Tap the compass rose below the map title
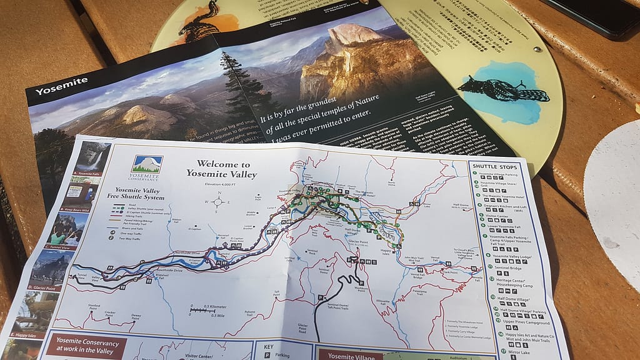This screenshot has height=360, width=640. tap(218, 201)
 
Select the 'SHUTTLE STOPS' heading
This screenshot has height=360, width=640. tap(493, 167)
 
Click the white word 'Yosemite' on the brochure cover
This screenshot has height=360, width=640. tap(54, 89)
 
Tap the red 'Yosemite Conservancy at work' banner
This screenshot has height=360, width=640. tap(86, 347)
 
